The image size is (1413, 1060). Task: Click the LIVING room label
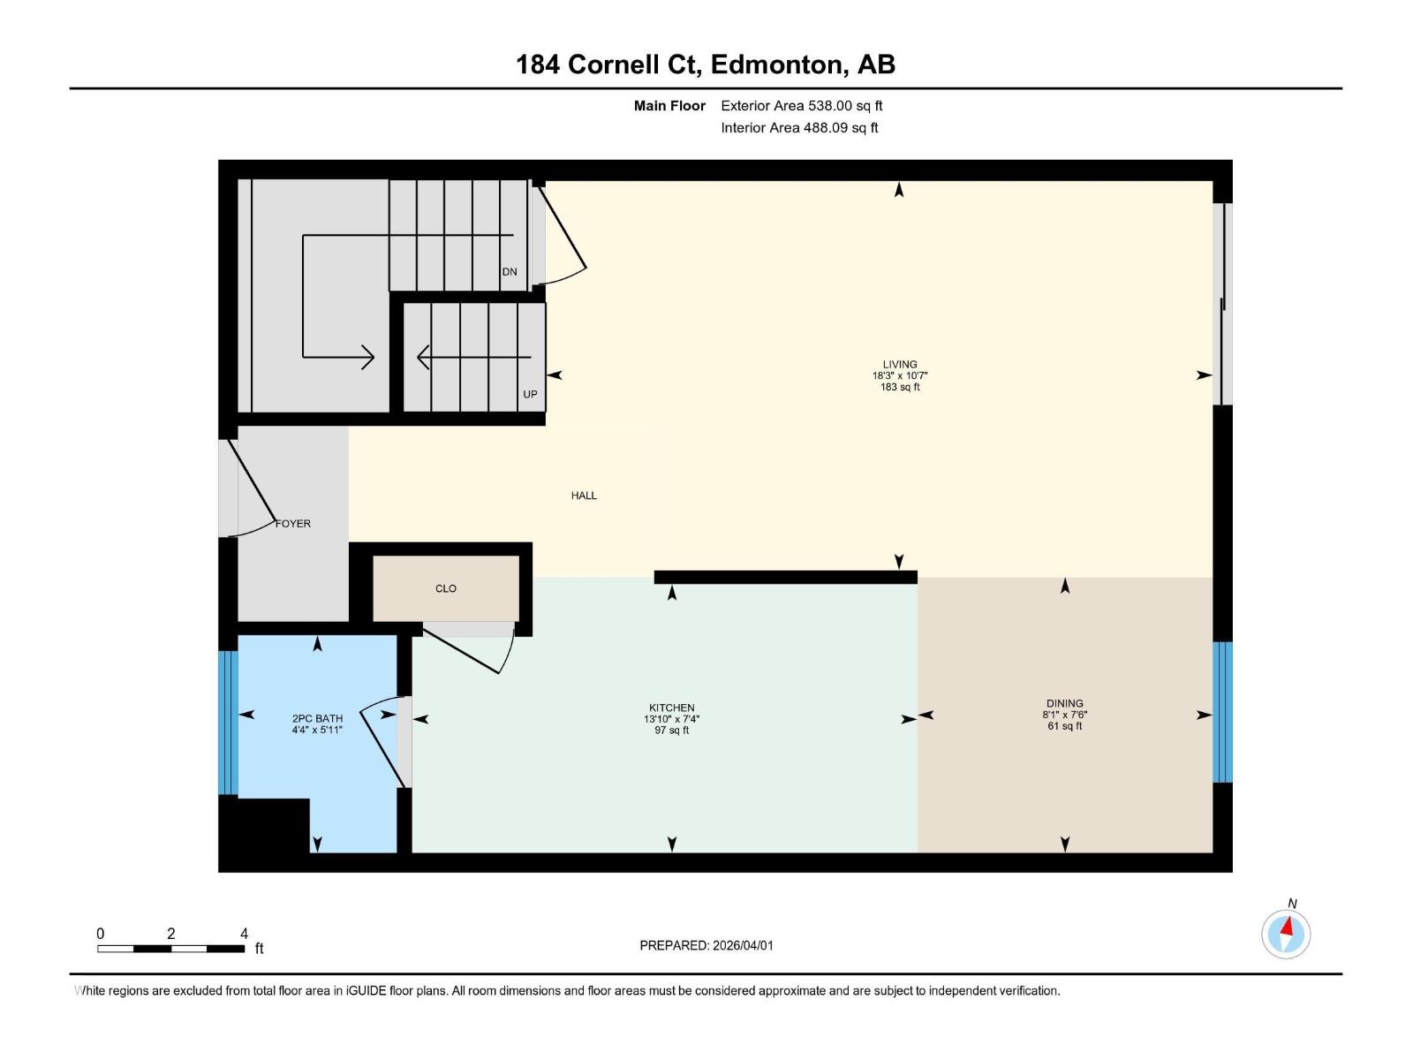(x=899, y=364)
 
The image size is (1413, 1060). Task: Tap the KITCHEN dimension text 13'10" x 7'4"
(x=671, y=719)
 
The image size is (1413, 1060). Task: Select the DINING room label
(x=1064, y=703)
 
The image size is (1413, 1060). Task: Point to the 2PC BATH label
(x=317, y=718)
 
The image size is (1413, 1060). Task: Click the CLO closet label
(x=446, y=588)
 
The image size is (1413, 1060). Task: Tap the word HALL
(x=584, y=496)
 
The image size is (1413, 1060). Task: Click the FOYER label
(x=293, y=524)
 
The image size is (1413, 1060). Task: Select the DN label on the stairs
(x=510, y=272)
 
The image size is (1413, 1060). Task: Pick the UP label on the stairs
(x=530, y=394)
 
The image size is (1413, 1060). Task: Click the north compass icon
(x=1286, y=934)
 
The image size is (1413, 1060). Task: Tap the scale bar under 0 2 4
(x=170, y=949)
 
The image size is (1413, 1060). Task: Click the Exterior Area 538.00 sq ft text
(x=801, y=106)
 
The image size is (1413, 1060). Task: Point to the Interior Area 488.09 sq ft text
(x=799, y=128)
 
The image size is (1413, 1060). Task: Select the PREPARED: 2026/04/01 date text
(x=706, y=945)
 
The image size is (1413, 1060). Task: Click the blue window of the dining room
(x=1222, y=712)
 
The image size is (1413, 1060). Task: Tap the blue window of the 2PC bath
(x=228, y=723)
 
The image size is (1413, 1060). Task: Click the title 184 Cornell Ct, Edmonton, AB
(x=706, y=64)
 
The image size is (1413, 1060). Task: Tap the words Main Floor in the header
(x=669, y=106)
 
